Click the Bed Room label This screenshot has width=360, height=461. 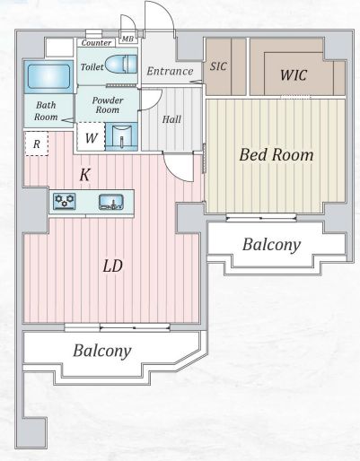click(x=277, y=155)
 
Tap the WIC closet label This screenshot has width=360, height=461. click(x=294, y=75)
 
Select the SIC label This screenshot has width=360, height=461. click(x=218, y=66)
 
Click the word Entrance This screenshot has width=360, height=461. click(x=170, y=71)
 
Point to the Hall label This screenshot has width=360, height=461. click(x=171, y=119)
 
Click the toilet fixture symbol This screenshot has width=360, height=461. click(x=121, y=64)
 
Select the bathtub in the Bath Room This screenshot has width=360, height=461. click(x=48, y=76)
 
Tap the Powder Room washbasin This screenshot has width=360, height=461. click(x=122, y=136)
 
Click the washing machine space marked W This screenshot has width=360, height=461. click(x=91, y=136)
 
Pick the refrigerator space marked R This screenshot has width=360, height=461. click(x=37, y=144)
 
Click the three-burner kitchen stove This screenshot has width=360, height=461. click(x=65, y=201)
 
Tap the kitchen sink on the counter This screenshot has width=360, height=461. click(x=111, y=202)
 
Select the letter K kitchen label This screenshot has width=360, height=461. click(x=84, y=175)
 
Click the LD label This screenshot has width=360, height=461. click(x=113, y=266)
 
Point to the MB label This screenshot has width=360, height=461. click(x=127, y=39)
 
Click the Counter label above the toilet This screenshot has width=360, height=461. click(x=96, y=43)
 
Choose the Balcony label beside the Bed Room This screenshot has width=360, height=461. click(x=271, y=245)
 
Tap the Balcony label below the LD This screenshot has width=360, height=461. click(x=102, y=351)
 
